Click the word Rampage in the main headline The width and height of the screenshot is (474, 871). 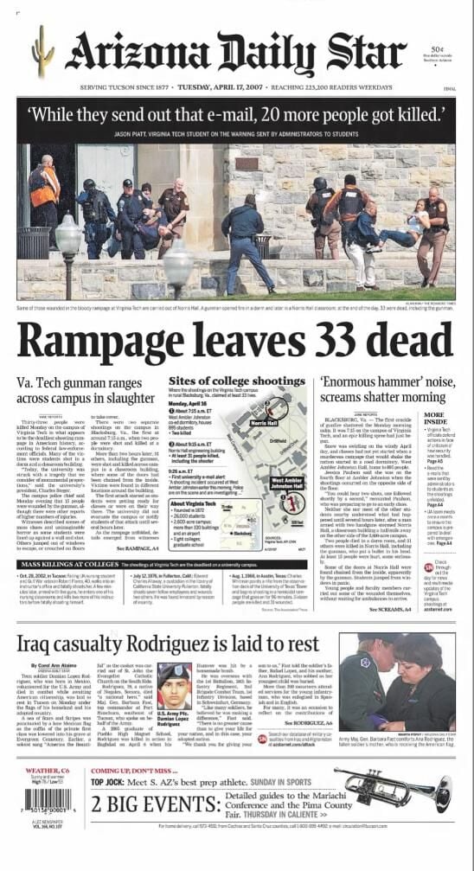pos(120,344)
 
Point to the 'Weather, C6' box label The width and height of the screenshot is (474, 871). pos(42,771)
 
